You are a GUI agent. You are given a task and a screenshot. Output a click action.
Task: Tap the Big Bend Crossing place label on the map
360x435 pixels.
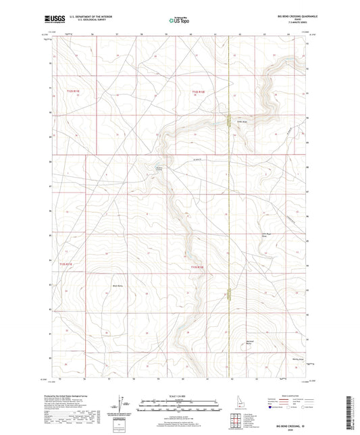coord(159,169)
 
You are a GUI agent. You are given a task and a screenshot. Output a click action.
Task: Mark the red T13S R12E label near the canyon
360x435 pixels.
coord(197,267)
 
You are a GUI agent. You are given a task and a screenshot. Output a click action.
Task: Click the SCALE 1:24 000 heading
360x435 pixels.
coord(179,394)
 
